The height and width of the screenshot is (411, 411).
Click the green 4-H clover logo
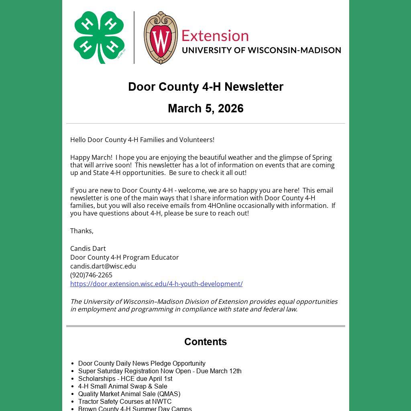tap(100, 37)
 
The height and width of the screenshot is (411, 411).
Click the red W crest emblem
tap(161, 38)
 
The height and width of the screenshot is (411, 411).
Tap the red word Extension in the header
tap(215, 36)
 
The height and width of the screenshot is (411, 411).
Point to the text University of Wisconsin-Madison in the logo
tap(261, 50)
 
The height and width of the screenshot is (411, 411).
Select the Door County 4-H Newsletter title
tap(205, 87)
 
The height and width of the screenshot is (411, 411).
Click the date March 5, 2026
tap(205, 108)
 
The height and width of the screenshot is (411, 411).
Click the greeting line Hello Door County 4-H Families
tap(142, 140)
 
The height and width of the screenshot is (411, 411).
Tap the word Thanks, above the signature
tap(82, 231)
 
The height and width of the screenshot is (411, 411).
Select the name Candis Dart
tap(88, 248)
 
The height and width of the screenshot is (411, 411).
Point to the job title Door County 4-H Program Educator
tap(124, 257)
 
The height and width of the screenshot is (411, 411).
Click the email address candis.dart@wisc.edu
tap(103, 266)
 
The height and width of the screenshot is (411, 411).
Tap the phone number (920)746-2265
tap(91, 275)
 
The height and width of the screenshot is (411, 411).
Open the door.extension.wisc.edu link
tap(156, 284)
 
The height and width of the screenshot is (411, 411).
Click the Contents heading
tap(205, 342)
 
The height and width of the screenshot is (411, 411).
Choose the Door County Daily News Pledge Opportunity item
tap(142, 363)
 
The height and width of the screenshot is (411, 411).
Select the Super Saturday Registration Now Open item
tap(160, 371)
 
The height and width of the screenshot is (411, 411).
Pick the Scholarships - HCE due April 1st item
tap(125, 378)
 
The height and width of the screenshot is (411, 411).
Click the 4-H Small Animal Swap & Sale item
tap(122, 386)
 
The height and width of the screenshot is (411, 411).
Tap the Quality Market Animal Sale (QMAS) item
tap(129, 394)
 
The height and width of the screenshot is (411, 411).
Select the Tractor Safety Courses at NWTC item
tap(125, 401)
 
